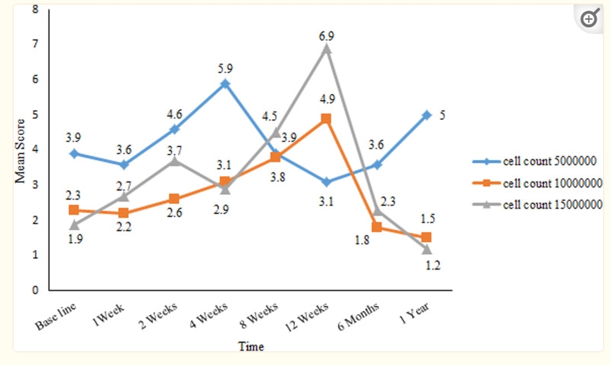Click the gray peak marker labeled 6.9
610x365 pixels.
tap(327, 48)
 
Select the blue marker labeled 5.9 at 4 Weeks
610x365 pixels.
tap(225, 83)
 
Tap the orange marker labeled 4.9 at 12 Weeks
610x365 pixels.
tap(327, 118)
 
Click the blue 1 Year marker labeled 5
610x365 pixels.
tap(427, 115)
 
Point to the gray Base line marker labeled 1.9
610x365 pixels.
tap(74, 225)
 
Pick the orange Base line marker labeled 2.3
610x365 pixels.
tap(74, 209)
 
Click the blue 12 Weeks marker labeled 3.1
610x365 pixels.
tap(327, 182)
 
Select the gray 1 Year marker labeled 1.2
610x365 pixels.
tap(427, 249)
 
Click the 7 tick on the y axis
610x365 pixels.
tap(35, 44)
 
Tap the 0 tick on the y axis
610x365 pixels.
tap(35, 290)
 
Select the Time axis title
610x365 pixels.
tap(251, 346)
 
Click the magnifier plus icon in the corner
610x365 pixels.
tap(590, 20)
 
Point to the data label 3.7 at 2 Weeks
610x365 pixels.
tap(175, 148)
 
